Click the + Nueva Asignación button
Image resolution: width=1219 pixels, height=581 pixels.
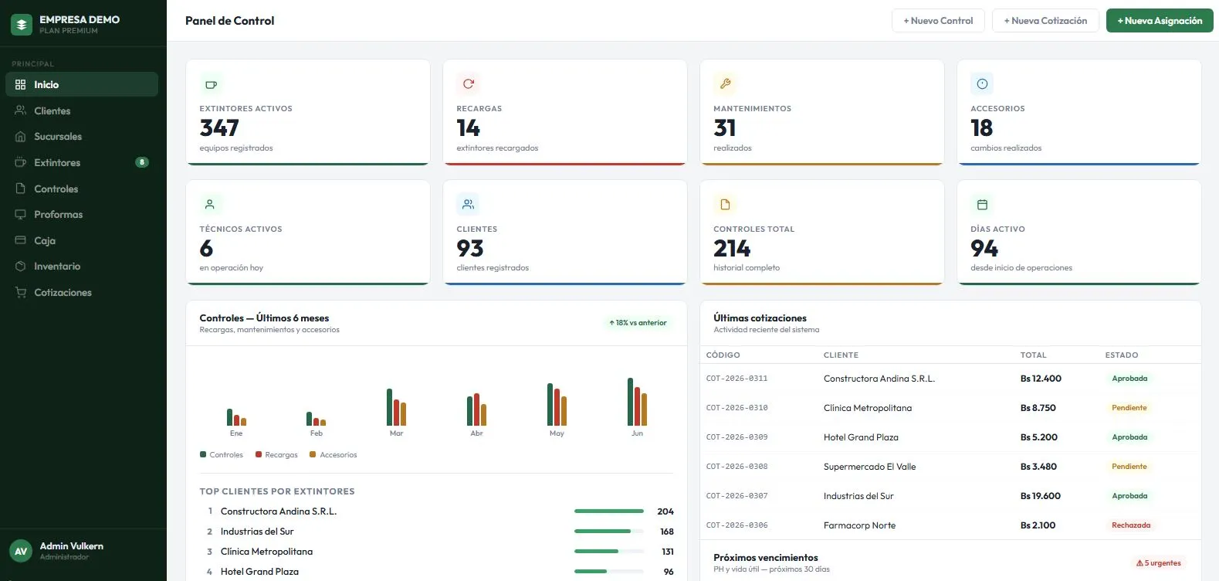pyautogui.click(x=1159, y=21)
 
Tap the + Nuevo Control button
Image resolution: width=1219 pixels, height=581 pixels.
pyautogui.click(x=938, y=21)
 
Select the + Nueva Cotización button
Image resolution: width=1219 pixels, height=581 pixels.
pyautogui.click(x=1045, y=21)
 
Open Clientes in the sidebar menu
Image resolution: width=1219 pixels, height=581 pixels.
pyautogui.click(x=52, y=110)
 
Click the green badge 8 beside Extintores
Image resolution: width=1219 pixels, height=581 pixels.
pyautogui.click(x=141, y=162)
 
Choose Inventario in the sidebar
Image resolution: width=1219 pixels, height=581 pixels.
pyautogui.click(x=57, y=267)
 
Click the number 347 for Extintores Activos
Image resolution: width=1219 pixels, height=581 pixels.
pyautogui.click(x=219, y=128)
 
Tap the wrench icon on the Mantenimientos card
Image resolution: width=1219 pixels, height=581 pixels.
pyautogui.click(x=725, y=84)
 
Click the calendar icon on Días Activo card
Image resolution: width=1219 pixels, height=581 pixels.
pyautogui.click(x=982, y=205)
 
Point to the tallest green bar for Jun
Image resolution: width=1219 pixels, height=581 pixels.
pyautogui.click(x=630, y=402)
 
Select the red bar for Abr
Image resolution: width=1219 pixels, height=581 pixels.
pyautogui.click(x=477, y=409)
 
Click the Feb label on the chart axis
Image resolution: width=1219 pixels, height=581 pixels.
pyautogui.click(x=317, y=433)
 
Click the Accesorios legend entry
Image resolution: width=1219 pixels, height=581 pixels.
pyautogui.click(x=333, y=454)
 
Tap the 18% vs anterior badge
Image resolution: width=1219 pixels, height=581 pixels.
pyautogui.click(x=637, y=323)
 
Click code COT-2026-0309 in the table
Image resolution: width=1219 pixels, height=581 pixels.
pyautogui.click(x=736, y=437)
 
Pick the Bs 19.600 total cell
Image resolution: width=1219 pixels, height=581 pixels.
pyautogui.click(x=1041, y=496)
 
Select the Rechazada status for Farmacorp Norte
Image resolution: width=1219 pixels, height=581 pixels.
pyautogui.click(x=1131, y=525)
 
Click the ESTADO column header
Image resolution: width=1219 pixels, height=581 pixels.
pyautogui.click(x=1122, y=355)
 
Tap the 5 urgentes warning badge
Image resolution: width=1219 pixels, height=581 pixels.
pyautogui.click(x=1159, y=563)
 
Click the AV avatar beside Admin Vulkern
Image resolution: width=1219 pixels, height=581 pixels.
pyautogui.click(x=21, y=551)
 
